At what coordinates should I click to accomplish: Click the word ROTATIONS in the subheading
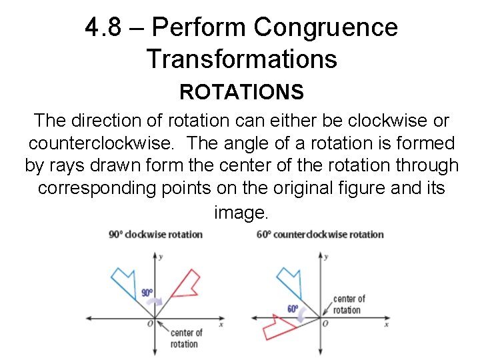[241, 92]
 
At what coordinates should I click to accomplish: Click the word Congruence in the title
[325, 27]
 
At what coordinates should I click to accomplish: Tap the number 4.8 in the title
[105, 27]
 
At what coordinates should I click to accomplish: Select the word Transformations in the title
[241, 59]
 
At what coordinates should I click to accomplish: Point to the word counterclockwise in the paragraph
[102, 143]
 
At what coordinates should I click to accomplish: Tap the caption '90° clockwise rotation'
[155, 234]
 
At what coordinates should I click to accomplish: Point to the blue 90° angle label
[147, 293]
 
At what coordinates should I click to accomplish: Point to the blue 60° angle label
[292, 309]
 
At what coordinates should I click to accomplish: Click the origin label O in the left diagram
[149, 324]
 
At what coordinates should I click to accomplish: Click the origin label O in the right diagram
[325, 324]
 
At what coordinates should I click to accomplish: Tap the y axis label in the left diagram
[161, 255]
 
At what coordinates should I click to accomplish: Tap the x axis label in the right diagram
[386, 324]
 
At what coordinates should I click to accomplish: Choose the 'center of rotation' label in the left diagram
[187, 338]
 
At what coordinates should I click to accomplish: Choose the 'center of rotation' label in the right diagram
[349, 304]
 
